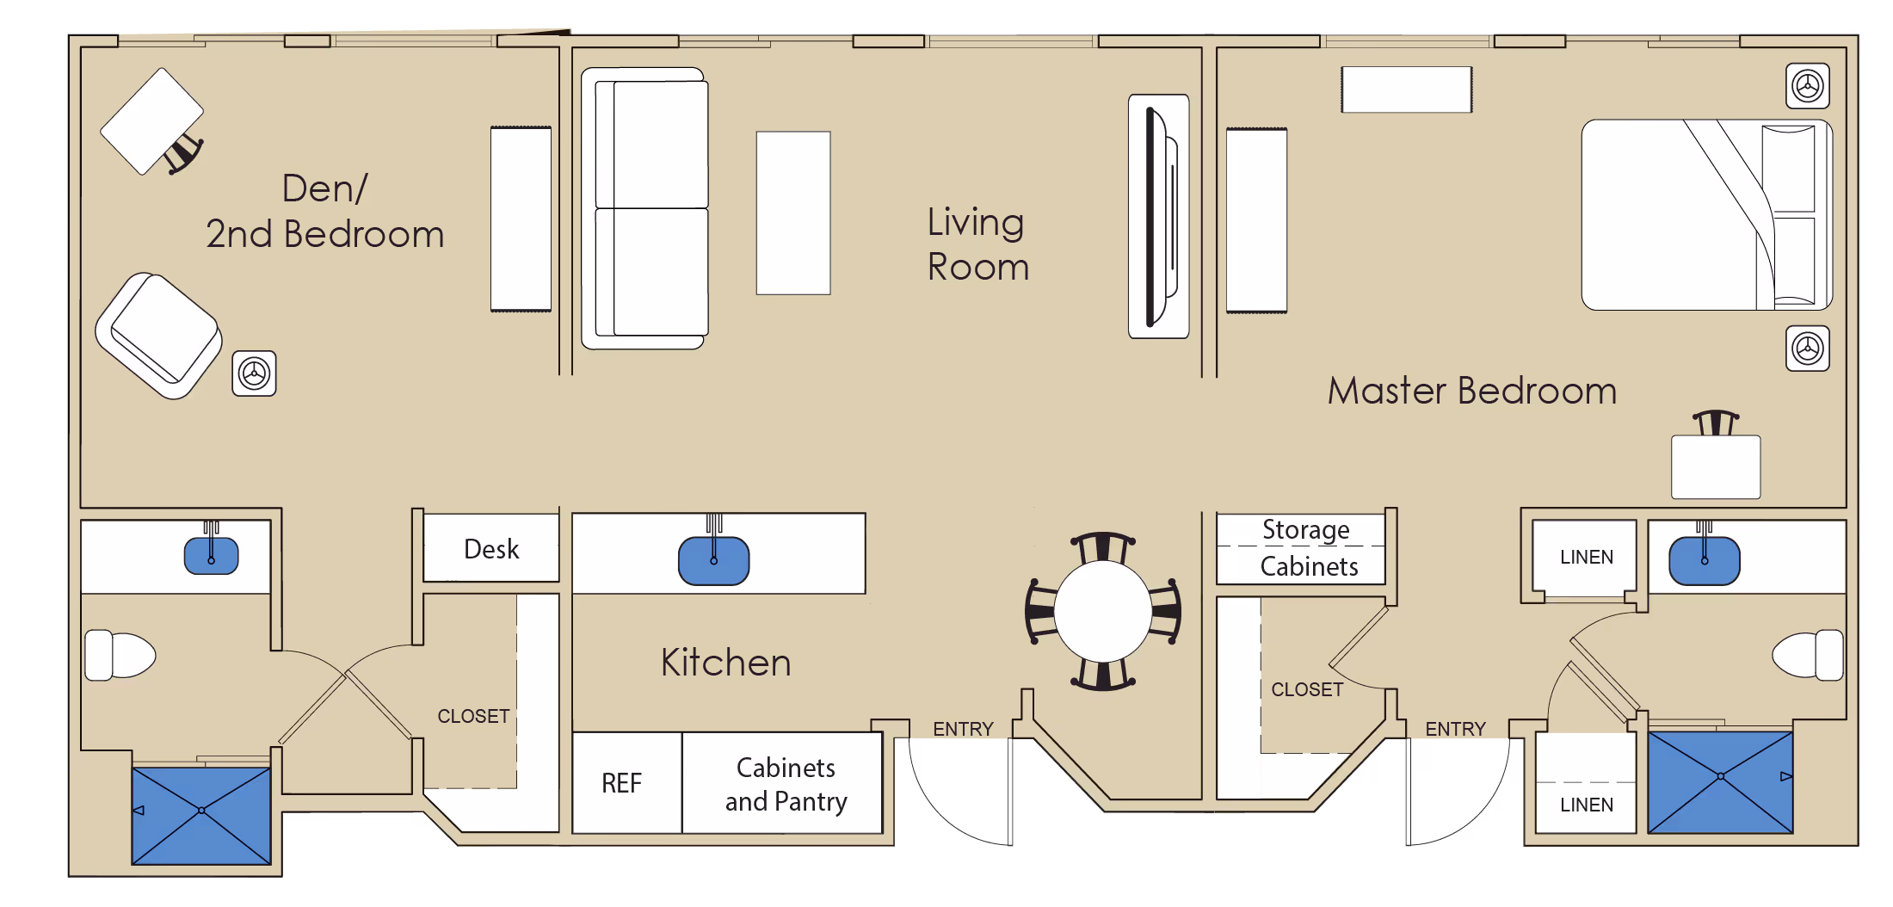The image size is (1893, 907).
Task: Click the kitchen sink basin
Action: tap(713, 560)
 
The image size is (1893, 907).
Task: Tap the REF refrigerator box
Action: tap(627, 782)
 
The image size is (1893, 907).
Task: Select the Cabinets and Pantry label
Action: tap(786, 784)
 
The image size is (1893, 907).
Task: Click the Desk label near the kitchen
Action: tap(491, 549)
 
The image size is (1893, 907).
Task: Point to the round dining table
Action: tap(1103, 611)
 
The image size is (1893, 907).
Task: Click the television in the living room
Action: tap(1158, 216)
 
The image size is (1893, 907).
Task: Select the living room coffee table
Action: tap(793, 213)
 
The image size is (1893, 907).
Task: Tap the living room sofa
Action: tap(644, 208)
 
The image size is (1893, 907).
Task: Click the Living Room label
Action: tap(977, 244)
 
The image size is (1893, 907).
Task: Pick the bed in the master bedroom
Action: tap(1707, 214)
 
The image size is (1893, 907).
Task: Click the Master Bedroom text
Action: tap(1472, 391)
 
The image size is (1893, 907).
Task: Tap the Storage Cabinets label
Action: tap(1308, 548)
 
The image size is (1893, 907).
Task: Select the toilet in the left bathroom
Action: tap(120, 656)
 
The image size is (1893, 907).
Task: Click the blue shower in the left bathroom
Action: tap(201, 816)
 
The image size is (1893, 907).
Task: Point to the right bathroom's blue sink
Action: tap(1705, 561)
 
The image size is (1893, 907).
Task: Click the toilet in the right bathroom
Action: tap(1808, 656)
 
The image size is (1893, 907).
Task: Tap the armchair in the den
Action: tap(159, 335)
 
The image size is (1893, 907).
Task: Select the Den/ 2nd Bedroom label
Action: tap(325, 212)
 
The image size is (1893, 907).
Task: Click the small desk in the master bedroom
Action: tap(1716, 466)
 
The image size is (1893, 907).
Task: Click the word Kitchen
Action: tap(726, 663)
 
